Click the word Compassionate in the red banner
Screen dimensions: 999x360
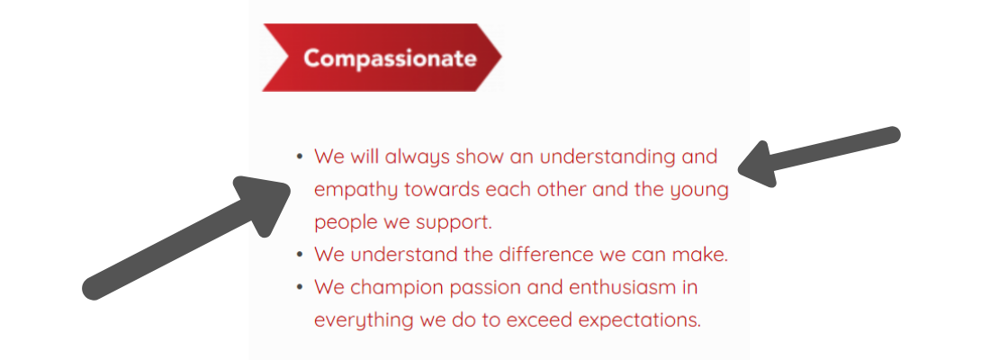point(390,58)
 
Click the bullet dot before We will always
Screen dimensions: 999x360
point(300,157)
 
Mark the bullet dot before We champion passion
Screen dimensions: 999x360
point(300,287)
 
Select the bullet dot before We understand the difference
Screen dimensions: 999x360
point(300,255)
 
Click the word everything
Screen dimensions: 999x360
point(364,320)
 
